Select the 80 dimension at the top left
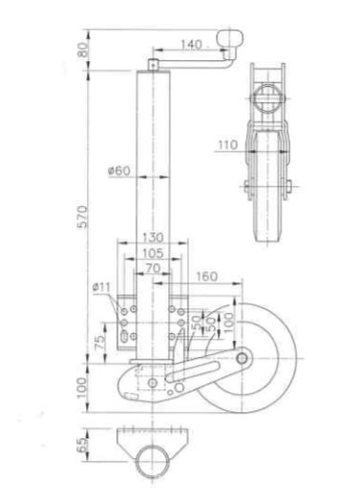click(x=83, y=48)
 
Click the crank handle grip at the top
click(x=232, y=39)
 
